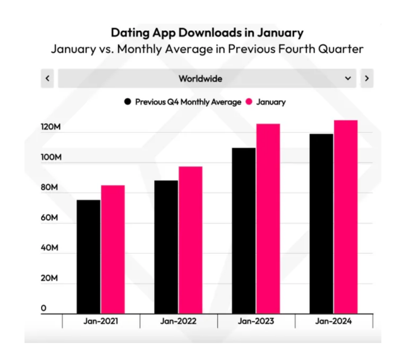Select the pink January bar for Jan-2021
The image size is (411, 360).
tap(113, 249)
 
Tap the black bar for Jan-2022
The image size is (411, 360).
tap(166, 247)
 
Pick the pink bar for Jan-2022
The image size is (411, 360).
tap(190, 239)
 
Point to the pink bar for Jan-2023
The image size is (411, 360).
tap(268, 218)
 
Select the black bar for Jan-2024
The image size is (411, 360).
tap(321, 223)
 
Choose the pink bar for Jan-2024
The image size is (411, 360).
tap(345, 216)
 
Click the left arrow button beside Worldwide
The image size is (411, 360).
tap(47, 79)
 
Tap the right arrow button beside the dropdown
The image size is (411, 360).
tap(366, 79)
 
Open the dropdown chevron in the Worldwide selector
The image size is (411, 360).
tap(348, 79)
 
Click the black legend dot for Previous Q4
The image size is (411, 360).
tap(127, 102)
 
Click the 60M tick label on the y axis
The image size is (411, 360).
tap(51, 218)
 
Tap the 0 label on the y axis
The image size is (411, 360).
tap(44, 309)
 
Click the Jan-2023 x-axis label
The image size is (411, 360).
tap(256, 321)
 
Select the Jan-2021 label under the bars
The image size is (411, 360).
tap(101, 321)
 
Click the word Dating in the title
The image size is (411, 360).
tap(130, 32)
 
